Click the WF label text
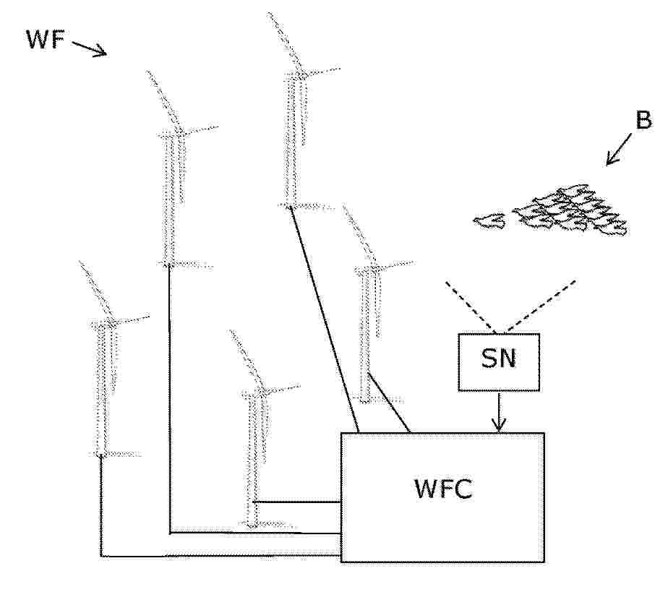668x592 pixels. pyautogui.click(x=46, y=39)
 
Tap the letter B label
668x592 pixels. pyautogui.click(x=643, y=120)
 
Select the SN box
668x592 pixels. pyautogui.click(x=499, y=362)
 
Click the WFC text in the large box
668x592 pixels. pyautogui.click(x=443, y=489)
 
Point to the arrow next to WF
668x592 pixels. pyautogui.click(x=89, y=48)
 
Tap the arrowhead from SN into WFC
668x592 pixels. pyautogui.click(x=499, y=425)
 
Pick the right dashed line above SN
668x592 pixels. pyautogui.click(x=540, y=306)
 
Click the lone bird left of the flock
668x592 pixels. pyautogui.click(x=490, y=221)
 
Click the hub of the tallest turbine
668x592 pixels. pyautogui.click(x=301, y=74)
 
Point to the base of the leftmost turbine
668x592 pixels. pyautogui.click(x=101, y=455)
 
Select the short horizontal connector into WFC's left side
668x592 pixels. pyautogui.click(x=297, y=502)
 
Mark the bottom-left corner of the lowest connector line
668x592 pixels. pyautogui.click(x=101, y=557)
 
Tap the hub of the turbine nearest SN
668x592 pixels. pyautogui.click(x=374, y=268)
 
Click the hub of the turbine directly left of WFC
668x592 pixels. pyautogui.click(x=261, y=392)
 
